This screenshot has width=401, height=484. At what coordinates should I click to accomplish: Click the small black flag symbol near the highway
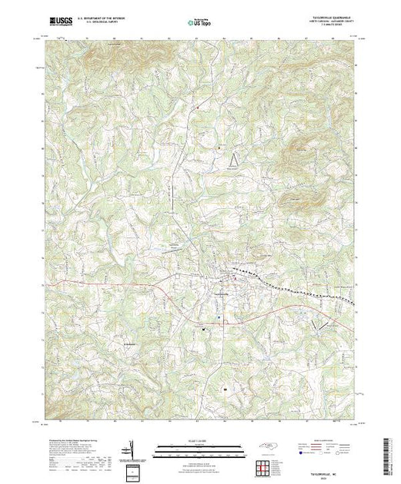tap(204, 328)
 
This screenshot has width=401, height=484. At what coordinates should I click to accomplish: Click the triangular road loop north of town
tap(235, 158)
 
